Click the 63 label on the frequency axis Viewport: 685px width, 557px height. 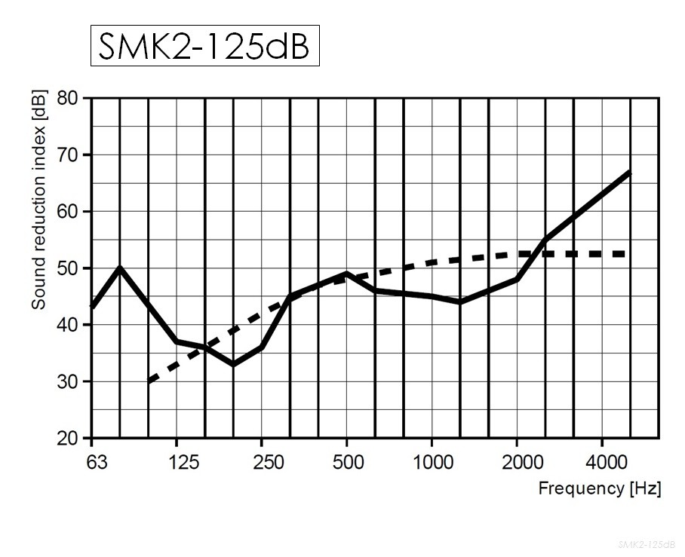(91, 462)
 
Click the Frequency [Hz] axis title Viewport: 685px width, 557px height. (599, 488)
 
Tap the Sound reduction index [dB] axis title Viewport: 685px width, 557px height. (38, 199)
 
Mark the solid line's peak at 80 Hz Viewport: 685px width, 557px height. (120, 268)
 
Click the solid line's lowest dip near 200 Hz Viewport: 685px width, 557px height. (233, 364)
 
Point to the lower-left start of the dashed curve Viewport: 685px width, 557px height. (149, 381)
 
